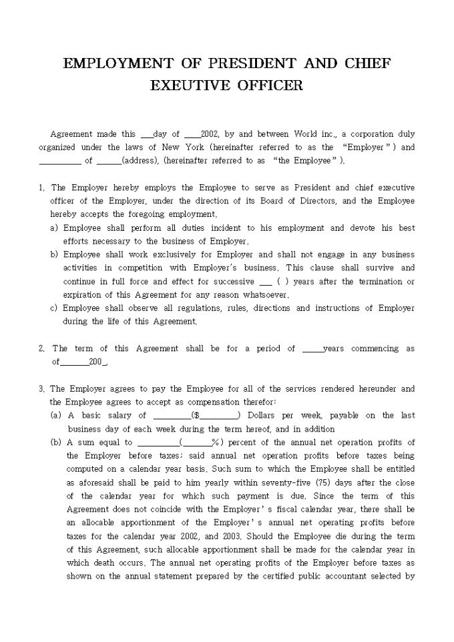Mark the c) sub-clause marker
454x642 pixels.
[54, 308]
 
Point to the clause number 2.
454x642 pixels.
[42, 348]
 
